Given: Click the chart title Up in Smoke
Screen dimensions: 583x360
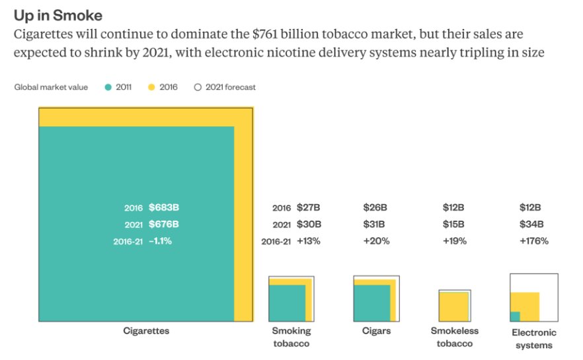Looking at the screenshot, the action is click(58, 15).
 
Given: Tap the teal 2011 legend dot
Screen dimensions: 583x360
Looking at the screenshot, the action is click(108, 87).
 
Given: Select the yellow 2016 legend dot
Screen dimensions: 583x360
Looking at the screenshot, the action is click(151, 87).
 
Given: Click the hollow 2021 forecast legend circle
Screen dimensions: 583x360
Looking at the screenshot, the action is click(197, 87).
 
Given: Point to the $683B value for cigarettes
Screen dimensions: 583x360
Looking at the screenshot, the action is click(164, 207).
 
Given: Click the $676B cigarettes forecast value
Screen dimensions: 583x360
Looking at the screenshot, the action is click(164, 224).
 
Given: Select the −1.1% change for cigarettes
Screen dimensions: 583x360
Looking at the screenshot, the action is click(160, 241).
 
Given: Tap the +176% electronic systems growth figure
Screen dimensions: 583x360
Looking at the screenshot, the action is click(534, 241).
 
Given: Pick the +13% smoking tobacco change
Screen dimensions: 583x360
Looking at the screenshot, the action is click(309, 241).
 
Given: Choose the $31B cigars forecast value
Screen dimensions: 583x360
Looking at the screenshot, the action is click(375, 224).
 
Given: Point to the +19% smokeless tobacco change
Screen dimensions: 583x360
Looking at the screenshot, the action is click(455, 241).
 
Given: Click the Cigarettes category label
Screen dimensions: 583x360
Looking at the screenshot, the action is click(146, 331).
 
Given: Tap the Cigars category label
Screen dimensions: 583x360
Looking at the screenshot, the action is click(376, 331).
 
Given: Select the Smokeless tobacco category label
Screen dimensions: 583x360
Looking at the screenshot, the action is click(455, 337).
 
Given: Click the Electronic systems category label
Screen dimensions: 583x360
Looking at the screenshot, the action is click(534, 338).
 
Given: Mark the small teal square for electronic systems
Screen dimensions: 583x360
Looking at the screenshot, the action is click(515, 316).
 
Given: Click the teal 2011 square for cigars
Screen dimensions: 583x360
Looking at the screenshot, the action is click(371, 303).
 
